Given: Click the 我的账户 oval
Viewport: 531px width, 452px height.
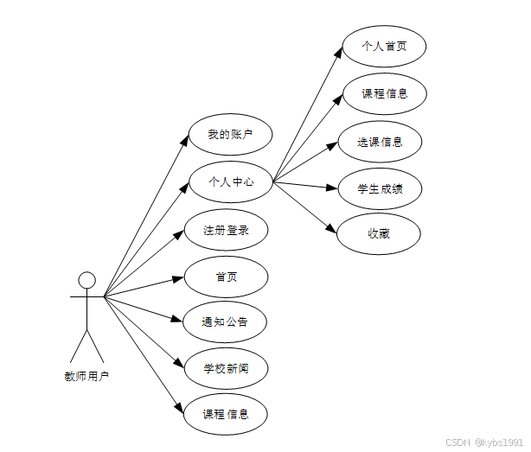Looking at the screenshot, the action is click(x=230, y=136).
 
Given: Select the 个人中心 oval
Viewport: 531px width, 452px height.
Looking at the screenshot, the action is click(x=230, y=182).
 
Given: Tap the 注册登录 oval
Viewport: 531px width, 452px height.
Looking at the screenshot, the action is click(x=226, y=231).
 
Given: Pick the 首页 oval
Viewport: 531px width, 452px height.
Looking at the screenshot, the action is click(x=226, y=277).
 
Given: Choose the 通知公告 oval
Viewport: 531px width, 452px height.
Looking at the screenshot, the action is click(x=226, y=322).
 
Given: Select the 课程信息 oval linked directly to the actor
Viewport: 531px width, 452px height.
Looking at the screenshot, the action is click(x=226, y=415).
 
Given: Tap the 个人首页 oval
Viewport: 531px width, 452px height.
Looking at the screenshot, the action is click(x=384, y=47).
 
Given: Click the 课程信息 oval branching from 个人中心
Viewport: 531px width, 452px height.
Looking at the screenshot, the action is click(x=384, y=93).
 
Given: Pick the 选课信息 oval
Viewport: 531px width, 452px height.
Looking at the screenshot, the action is click(x=380, y=142).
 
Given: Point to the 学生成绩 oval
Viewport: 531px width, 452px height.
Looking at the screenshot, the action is click(x=380, y=188).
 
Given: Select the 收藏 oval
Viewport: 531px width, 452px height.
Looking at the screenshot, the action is click(x=378, y=233).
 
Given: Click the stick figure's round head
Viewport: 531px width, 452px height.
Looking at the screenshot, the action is click(x=86, y=279).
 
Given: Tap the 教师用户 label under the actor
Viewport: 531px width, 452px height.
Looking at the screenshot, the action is click(x=86, y=377).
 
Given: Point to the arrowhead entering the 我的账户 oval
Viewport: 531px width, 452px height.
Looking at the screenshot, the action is click(x=184, y=139).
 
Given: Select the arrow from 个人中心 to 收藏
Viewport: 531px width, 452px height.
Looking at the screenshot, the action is click(x=304, y=207).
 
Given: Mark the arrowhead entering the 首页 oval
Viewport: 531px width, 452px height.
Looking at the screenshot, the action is click(x=179, y=278).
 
